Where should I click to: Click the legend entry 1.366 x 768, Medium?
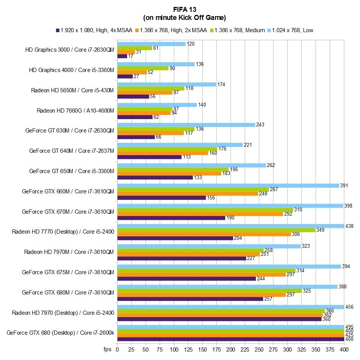[240, 30]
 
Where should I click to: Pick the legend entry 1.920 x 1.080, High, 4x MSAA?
[95, 30]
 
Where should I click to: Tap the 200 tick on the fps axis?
[231, 350]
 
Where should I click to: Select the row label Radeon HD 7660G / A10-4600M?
[75, 111]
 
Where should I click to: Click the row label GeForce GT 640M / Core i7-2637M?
[72, 151]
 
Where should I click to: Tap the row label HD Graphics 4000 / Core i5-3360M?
[72, 70]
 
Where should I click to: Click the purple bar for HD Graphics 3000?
[122, 56]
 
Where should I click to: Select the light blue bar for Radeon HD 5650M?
[167, 84]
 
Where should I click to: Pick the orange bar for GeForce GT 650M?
[169, 173]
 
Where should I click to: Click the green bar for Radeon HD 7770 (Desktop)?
[216, 230]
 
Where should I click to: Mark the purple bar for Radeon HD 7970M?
[182, 258]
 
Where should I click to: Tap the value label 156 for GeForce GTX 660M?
[211, 198]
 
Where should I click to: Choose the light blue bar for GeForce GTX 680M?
[227, 286]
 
